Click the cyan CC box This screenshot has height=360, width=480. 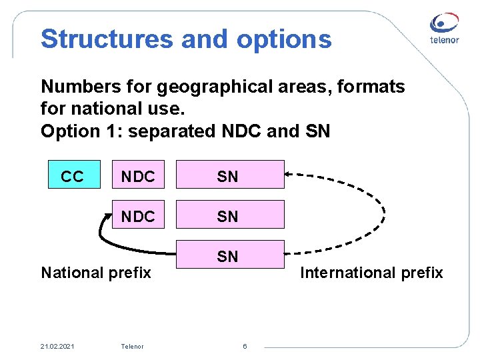pyautogui.click(x=74, y=175)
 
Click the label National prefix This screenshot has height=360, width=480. pyautogui.click(x=96, y=273)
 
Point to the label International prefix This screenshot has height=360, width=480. pyautogui.click(x=371, y=273)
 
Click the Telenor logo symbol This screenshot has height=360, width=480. pyautogui.click(x=444, y=23)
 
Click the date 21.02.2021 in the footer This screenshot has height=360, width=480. pyautogui.click(x=57, y=346)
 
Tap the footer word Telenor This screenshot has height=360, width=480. pyautogui.click(x=132, y=346)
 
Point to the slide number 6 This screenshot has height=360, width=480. pyautogui.click(x=245, y=346)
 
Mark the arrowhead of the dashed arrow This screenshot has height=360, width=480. pyautogui.click(x=289, y=175)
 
